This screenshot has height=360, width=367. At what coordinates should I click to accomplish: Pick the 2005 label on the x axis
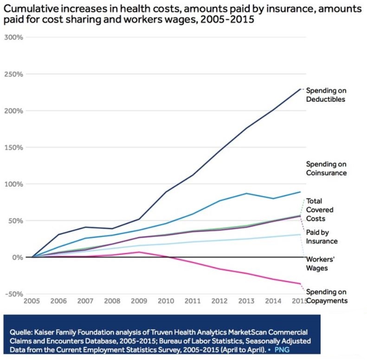click(x=32, y=301)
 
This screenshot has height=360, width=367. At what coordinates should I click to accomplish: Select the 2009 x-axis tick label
click(x=139, y=301)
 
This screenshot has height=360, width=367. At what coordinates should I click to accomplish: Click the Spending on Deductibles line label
click(x=326, y=95)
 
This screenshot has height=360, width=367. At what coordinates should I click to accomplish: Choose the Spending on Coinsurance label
click(x=326, y=169)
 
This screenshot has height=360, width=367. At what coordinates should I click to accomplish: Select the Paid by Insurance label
click(x=322, y=236)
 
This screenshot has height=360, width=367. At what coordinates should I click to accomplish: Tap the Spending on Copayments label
click(x=326, y=296)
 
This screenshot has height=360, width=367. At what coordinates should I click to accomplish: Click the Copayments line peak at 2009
click(x=139, y=252)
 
